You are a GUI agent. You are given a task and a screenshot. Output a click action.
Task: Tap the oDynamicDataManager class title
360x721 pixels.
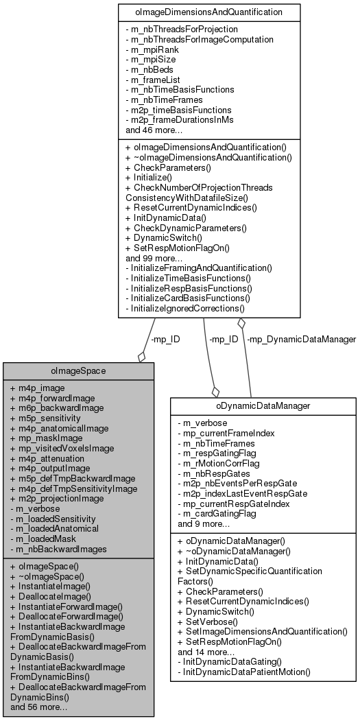click(264, 405)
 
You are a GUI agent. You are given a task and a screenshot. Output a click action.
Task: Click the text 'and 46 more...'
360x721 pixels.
click(154, 130)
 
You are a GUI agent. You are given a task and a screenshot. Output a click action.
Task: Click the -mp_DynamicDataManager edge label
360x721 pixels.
click(301, 339)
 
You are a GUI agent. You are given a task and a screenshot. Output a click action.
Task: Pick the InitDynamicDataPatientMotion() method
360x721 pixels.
click(244, 672)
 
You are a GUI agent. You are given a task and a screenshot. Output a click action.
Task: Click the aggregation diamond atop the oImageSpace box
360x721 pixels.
click(142, 356)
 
